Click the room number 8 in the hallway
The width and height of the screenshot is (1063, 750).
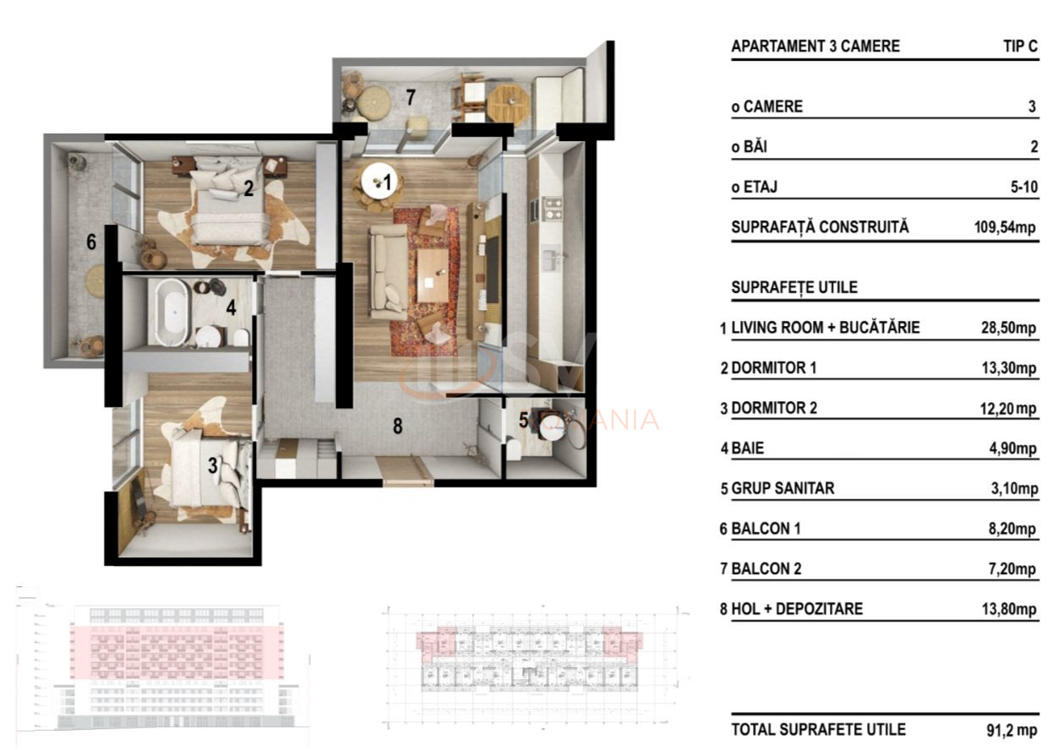tap(397, 427)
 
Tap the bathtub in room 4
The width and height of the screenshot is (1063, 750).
tap(175, 312)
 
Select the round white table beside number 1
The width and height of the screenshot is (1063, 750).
tap(373, 180)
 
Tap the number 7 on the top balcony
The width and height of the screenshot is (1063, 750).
tap(411, 98)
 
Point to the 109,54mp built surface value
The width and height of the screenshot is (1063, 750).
tap(1005, 227)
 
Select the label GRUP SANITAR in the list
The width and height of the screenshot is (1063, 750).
tap(782, 489)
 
